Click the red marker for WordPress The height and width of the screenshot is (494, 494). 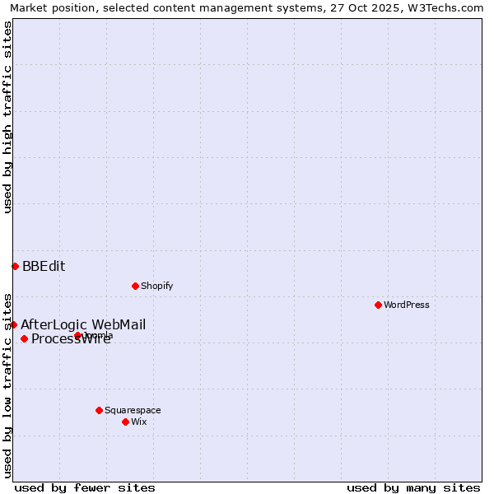pyautogui.click(x=378, y=305)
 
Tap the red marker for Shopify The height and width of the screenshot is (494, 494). pyautogui.click(x=135, y=286)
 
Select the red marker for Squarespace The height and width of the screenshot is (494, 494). pyautogui.click(x=99, y=410)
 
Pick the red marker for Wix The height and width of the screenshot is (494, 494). pyautogui.click(x=125, y=422)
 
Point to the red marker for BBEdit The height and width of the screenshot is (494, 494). pyautogui.click(x=15, y=266)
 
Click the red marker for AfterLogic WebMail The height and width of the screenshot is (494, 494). pyautogui.click(x=13, y=324)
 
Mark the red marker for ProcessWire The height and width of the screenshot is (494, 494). pyautogui.click(x=24, y=338)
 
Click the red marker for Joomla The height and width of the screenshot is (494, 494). pyautogui.click(x=77, y=335)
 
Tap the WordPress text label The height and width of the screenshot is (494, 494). pyautogui.click(x=407, y=305)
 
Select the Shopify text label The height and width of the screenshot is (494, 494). pyautogui.click(x=156, y=286)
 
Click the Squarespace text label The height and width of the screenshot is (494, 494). pyautogui.click(x=133, y=410)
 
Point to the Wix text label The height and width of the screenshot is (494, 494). pyautogui.click(x=138, y=422)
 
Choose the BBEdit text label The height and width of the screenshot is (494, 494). pyautogui.click(x=44, y=266)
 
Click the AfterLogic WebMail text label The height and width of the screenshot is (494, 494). pyautogui.click(x=83, y=324)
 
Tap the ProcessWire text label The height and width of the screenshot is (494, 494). pyautogui.click(x=71, y=339)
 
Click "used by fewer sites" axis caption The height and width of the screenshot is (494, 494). pyautogui.click(x=85, y=487)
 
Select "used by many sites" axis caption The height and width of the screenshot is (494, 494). pyautogui.click(x=413, y=487)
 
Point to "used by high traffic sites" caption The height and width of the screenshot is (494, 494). pyautogui.click(x=7, y=117)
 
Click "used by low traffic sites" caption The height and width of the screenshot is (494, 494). pyautogui.click(x=7, y=384)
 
